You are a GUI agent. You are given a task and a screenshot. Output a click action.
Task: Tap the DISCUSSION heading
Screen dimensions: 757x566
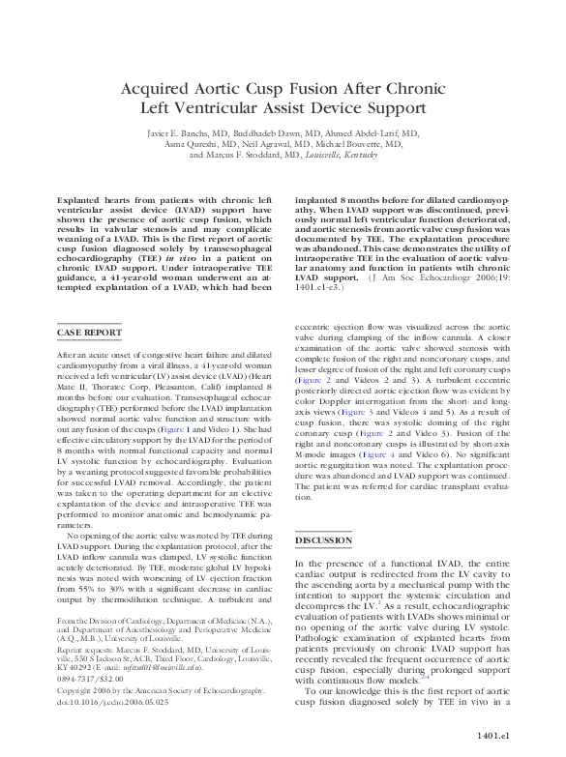tap(324, 539)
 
